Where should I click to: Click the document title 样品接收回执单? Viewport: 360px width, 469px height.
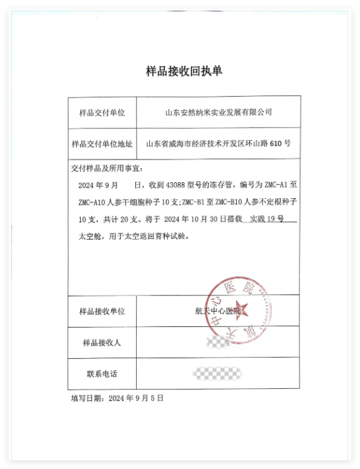(179, 71)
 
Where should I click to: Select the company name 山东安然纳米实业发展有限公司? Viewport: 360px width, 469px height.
(219, 112)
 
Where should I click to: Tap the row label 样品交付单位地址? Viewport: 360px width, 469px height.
(102, 143)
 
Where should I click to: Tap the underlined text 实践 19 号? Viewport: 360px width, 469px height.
(267, 219)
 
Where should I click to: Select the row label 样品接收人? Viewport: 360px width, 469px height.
(101, 342)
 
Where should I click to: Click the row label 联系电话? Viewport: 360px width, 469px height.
(102, 373)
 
